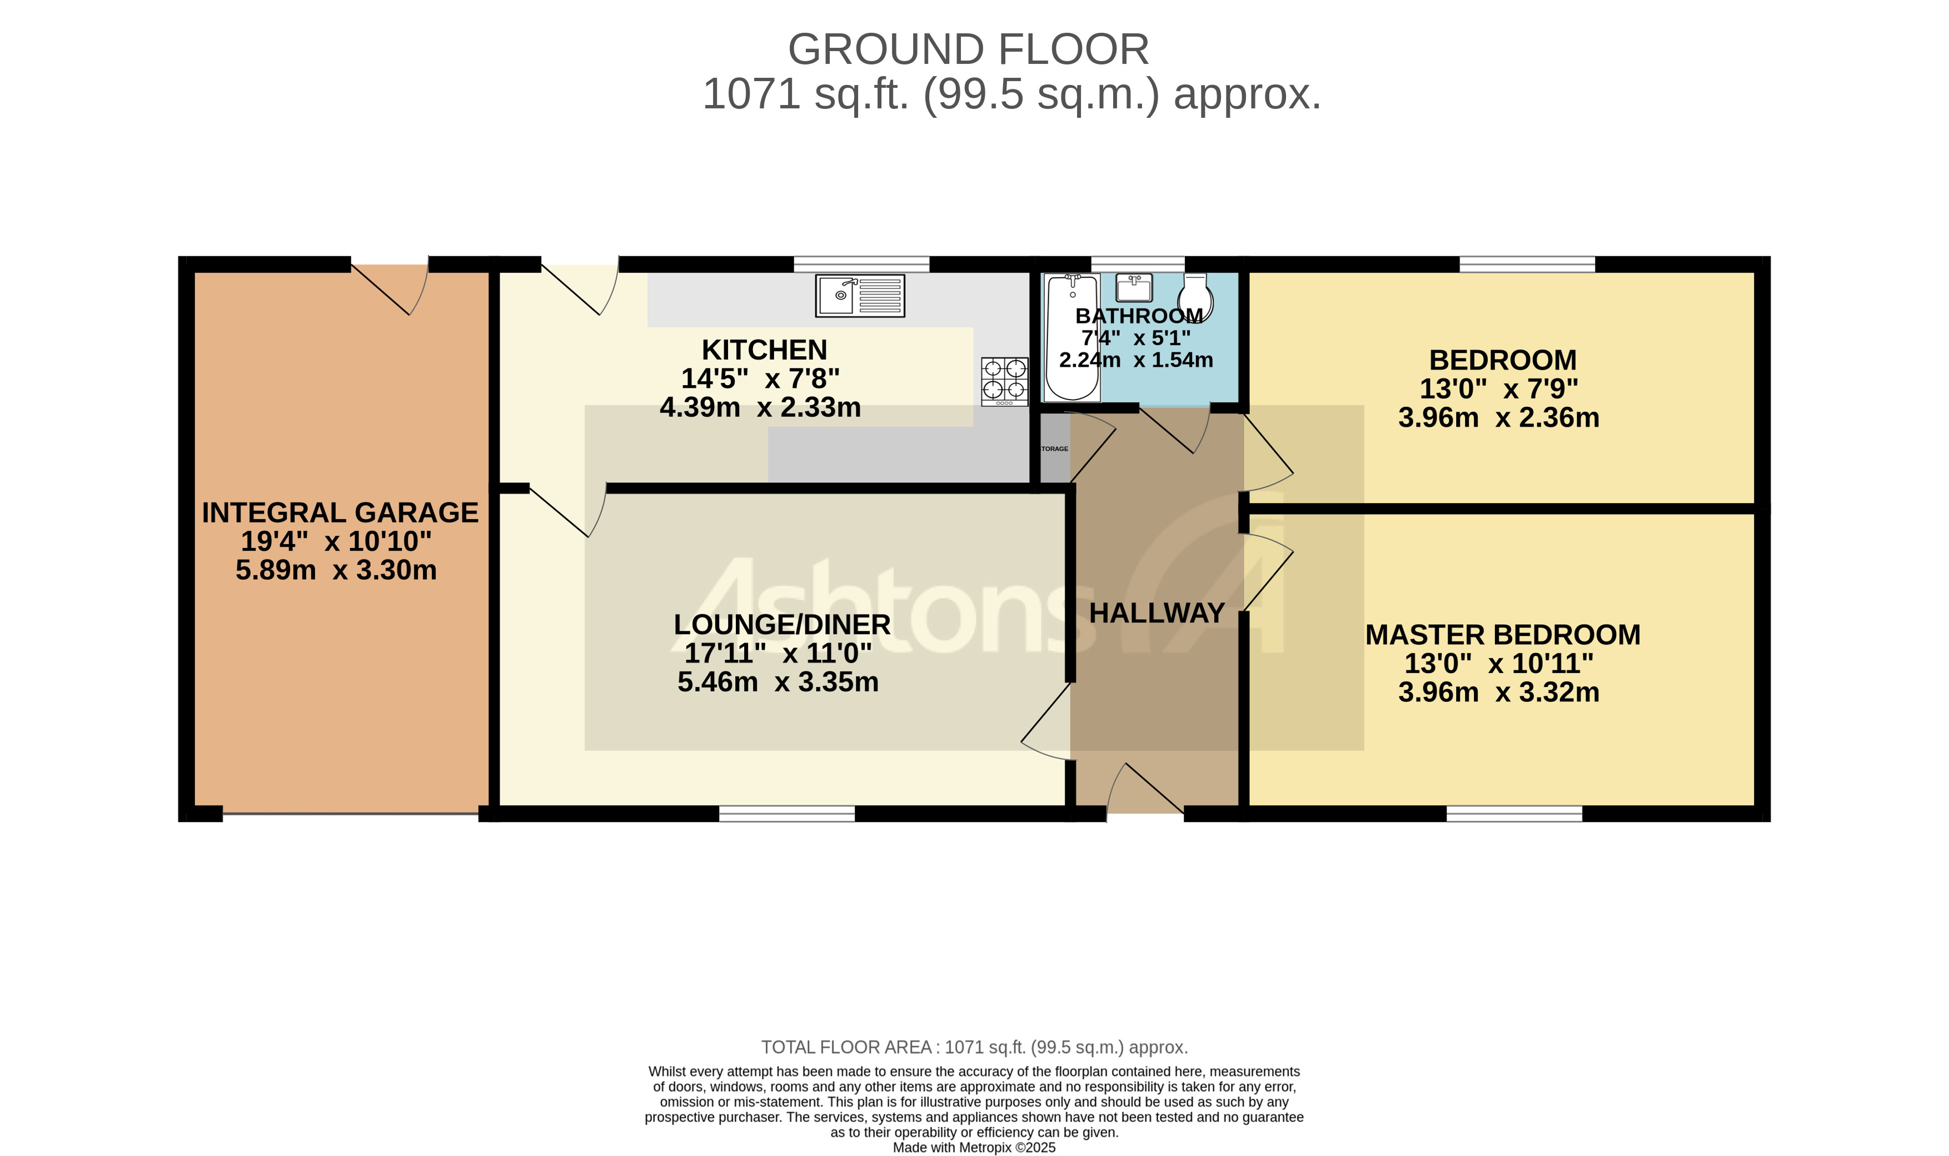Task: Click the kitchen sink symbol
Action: [860, 295]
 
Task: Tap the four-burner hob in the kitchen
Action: [1004, 381]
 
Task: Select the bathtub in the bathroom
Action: [1072, 337]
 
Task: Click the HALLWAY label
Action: [1156, 613]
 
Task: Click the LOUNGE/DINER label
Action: [781, 625]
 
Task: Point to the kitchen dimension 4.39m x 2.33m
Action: [760, 407]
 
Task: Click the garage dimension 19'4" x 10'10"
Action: [336, 541]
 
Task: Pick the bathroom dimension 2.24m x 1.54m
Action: [1136, 360]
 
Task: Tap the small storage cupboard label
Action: [1055, 449]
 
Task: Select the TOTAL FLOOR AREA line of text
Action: [974, 1047]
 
